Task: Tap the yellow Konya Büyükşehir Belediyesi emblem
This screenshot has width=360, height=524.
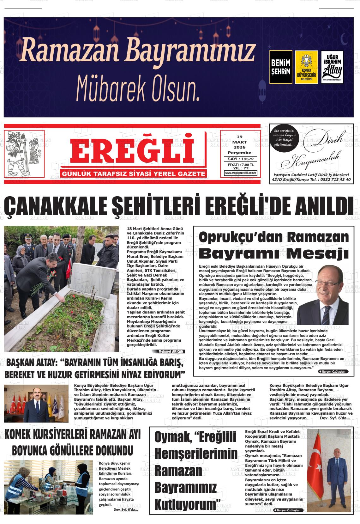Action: [x=306, y=67]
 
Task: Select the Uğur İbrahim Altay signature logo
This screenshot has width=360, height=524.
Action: [x=332, y=67]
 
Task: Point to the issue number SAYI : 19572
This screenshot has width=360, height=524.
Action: [x=240, y=159]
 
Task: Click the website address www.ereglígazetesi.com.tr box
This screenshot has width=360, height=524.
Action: [x=241, y=173]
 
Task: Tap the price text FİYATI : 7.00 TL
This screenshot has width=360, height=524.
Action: [x=241, y=165]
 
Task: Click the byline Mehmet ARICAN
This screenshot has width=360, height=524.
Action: [x=168, y=351]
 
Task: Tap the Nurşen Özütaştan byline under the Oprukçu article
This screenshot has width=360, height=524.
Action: [x=333, y=372]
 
